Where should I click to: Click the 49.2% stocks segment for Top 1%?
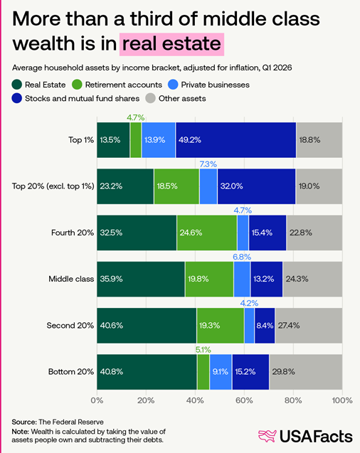(x=235, y=140)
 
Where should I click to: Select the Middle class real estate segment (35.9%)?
(x=141, y=279)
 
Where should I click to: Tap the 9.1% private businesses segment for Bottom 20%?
(x=221, y=372)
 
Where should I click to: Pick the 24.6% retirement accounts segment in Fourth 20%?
(x=207, y=233)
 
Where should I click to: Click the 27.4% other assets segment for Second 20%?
(x=309, y=326)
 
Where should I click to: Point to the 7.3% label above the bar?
(x=208, y=164)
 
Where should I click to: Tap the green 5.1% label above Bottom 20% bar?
(x=203, y=350)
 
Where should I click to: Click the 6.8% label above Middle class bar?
(x=242, y=257)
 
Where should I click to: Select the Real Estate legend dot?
(x=17, y=85)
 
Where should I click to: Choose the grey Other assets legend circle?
(x=150, y=98)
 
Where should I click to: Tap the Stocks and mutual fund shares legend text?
(x=83, y=98)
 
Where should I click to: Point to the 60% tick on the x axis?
(x=244, y=400)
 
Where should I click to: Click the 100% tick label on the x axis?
(x=342, y=400)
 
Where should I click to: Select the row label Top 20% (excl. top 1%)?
(x=53, y=186)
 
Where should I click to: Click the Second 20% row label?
(x=70, y=326)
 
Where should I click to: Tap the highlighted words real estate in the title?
(x=171, y=44)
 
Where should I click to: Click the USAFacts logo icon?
(x=268, y=436)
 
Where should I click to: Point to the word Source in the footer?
(x=24, y=422)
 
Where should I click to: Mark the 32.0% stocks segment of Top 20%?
(x=257, y=186)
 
